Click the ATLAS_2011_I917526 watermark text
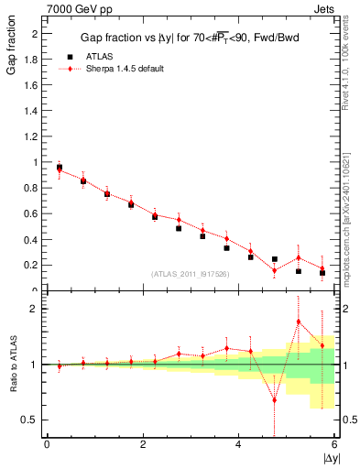tap(191, 275)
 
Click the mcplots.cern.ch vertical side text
tap(351, 210)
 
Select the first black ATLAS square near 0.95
tap(60, 168)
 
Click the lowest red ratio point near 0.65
tap(274, 399)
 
